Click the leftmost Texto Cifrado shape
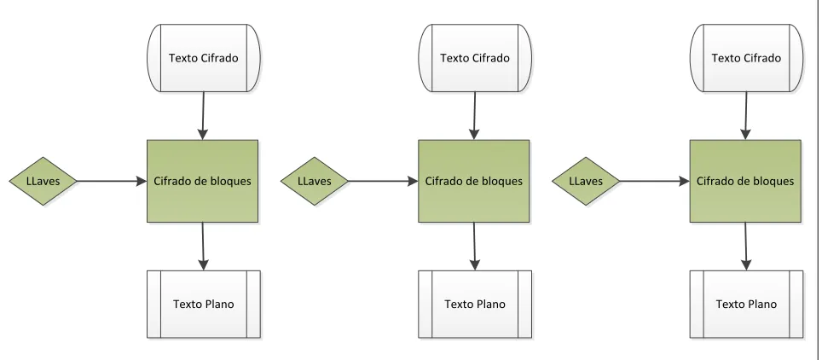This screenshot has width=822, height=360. pyautogui.click(x=204, y=58)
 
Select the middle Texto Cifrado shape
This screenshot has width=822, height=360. pyautogui.click(x=475, y=58)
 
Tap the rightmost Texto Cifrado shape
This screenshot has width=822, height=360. pyautogui.click(x=746, y=58)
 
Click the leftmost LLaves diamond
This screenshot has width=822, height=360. pyautogui.click(x=43, y=181)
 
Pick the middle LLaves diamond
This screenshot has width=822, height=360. pyautogui.click(x=315, y=181)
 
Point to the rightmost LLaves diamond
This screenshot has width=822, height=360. pyautogui.click(x=586, y=181)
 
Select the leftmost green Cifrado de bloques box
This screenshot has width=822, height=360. pyautogui.click(x=202, y=181)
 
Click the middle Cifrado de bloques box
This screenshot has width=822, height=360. pyautogui.click(x=474, y=181)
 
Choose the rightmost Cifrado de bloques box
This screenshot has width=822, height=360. pyautogui.click(x=745, y=181)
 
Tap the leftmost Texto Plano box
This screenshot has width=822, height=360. pyautogui.click(x=204, y=304)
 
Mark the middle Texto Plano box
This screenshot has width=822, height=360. pyautogui.click(x=475, y=304)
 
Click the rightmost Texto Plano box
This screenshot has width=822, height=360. pyautogui.click(x=746, y=304)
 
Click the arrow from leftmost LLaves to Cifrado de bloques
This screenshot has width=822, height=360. pyautogui.click(x=112, y=181)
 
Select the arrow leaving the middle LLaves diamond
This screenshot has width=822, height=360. pyautogui.click(x=383, y=181)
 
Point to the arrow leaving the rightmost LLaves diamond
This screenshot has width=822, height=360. pyautogui.click(x=655, y=181)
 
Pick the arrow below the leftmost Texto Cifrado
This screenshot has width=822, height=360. pyautogui.click(x=203, y=116)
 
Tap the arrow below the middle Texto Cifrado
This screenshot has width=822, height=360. pyautogui.click(x=474, y=116)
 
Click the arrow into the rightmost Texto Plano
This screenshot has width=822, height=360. pyautogui.click(x=745, y=247)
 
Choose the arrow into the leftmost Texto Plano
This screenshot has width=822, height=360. pyautogui.click(x=203, y=247)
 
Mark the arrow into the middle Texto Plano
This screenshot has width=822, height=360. pyautogui.click(x=474, y=247)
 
